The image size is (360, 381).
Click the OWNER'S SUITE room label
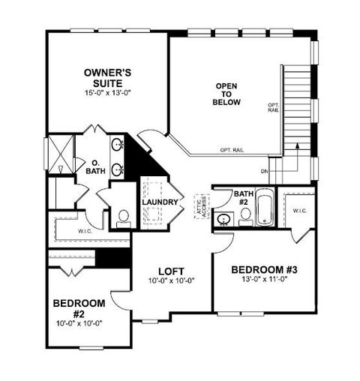pyautogui.click(x=107, y=77)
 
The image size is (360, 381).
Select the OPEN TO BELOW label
pyautogui.click(x=226, y=94)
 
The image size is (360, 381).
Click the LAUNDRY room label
pyautogui.click(x=159, y=202)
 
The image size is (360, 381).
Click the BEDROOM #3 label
pyautogui.click(x=259, y=269)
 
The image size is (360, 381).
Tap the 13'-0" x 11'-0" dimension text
pyautogui.click(x=259, y=280)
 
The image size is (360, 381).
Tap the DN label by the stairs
pyautogui.click(x=265, y=172)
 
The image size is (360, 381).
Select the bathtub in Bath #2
pyautogui.click(x=265, y=208)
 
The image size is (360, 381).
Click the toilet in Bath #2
pyautogui.click(x=244, y=216)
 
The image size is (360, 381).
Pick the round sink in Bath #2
pyautogui.click(x=223, y=220)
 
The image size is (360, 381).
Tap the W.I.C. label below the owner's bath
pyautogui.click(x=85, y=231)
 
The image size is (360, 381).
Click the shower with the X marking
pyautogui.click(x=57, y=156)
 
